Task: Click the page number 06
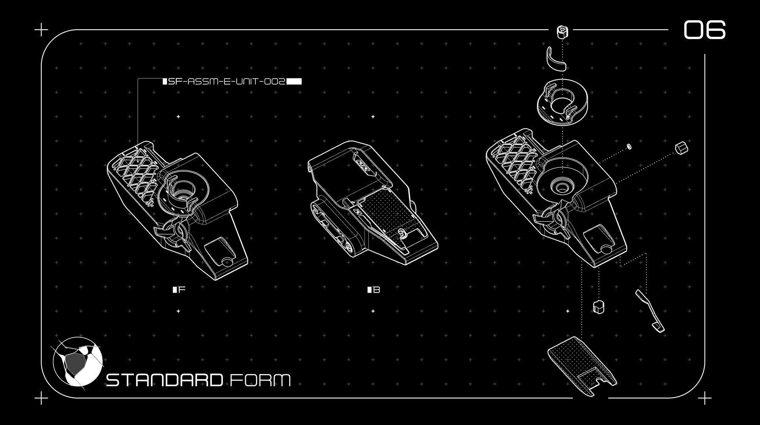click(x=705, y=30)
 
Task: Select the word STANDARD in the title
click(x=164, y=380)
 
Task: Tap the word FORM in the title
click(x=260, y=380)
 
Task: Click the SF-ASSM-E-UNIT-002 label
click(x=226, y=82)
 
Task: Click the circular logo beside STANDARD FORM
click(x=78, y=361)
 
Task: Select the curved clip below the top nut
click(x=556, y=60)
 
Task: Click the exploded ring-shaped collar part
click(x=562, y=102)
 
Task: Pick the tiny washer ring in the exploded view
click(x=629, y=147)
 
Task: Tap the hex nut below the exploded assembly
click(x=598, y=307)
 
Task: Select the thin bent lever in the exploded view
click(x=650, y=310)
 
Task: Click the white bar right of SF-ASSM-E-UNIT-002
click(x=294, y=82)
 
